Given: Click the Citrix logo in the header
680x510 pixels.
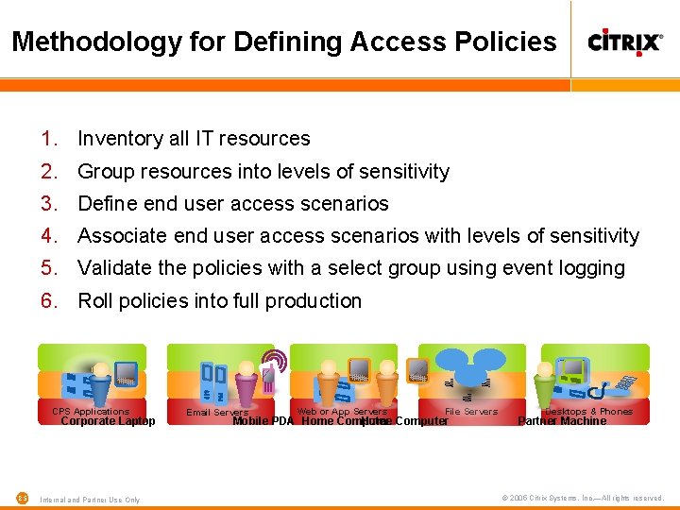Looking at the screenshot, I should [x=624, y=41].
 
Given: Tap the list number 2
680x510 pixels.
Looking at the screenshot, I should [x=49, y=172].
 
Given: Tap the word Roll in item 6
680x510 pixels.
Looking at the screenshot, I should [x=94, y=301].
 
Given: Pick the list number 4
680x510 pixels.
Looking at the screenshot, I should [x=49, y=236].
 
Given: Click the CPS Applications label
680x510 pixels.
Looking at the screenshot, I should [x=91, y=412].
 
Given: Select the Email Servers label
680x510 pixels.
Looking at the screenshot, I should [x=217, y=413].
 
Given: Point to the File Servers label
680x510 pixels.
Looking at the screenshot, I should [x=470, y=412].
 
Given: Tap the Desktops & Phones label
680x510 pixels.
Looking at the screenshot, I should [x=588, y=412].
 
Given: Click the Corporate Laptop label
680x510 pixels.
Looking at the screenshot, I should [x=108, y=422].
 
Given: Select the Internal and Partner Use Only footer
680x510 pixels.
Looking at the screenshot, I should [x=90, y=500].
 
